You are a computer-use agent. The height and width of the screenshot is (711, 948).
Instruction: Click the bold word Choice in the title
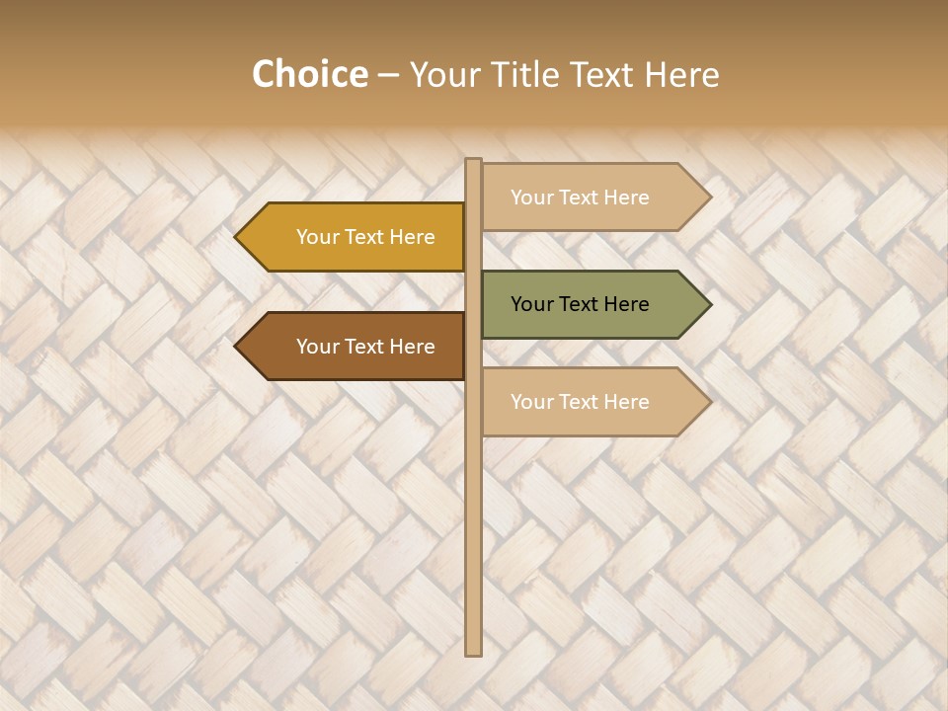point(309,74)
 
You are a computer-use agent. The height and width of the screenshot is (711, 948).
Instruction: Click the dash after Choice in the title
point(388,75)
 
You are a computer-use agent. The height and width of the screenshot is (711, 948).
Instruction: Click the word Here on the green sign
point(625,304)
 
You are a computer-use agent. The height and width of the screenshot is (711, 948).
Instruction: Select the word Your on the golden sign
point(318,237)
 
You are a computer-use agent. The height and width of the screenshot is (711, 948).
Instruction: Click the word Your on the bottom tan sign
point(532,402)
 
